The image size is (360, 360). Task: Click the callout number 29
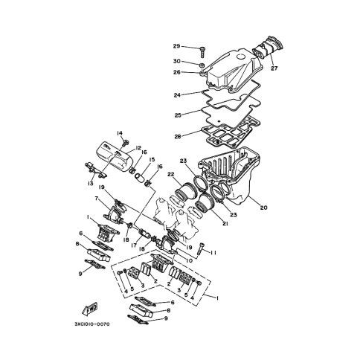[176, 46]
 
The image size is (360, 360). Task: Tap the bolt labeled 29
[202, 52]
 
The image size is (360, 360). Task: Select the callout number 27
[274, 68]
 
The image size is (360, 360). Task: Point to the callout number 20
[264, 208]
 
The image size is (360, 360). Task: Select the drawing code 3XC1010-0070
[91, 324]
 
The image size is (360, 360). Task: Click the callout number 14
[120, 133]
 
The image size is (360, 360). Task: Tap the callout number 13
[90, 184]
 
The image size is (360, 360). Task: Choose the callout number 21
[225, 224]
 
